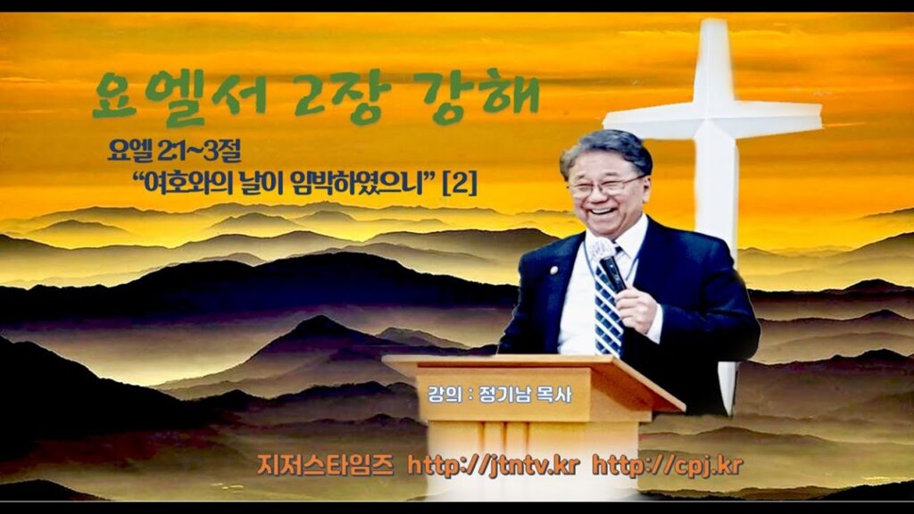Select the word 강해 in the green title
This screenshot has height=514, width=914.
coord(481,93)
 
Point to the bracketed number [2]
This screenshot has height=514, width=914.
coord(461,185)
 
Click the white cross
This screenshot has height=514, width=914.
coord(713,117)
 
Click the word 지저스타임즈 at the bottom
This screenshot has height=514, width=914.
coord(325,466)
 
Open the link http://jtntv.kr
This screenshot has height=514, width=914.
coord(493,466)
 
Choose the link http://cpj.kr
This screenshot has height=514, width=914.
coord(668,466)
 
